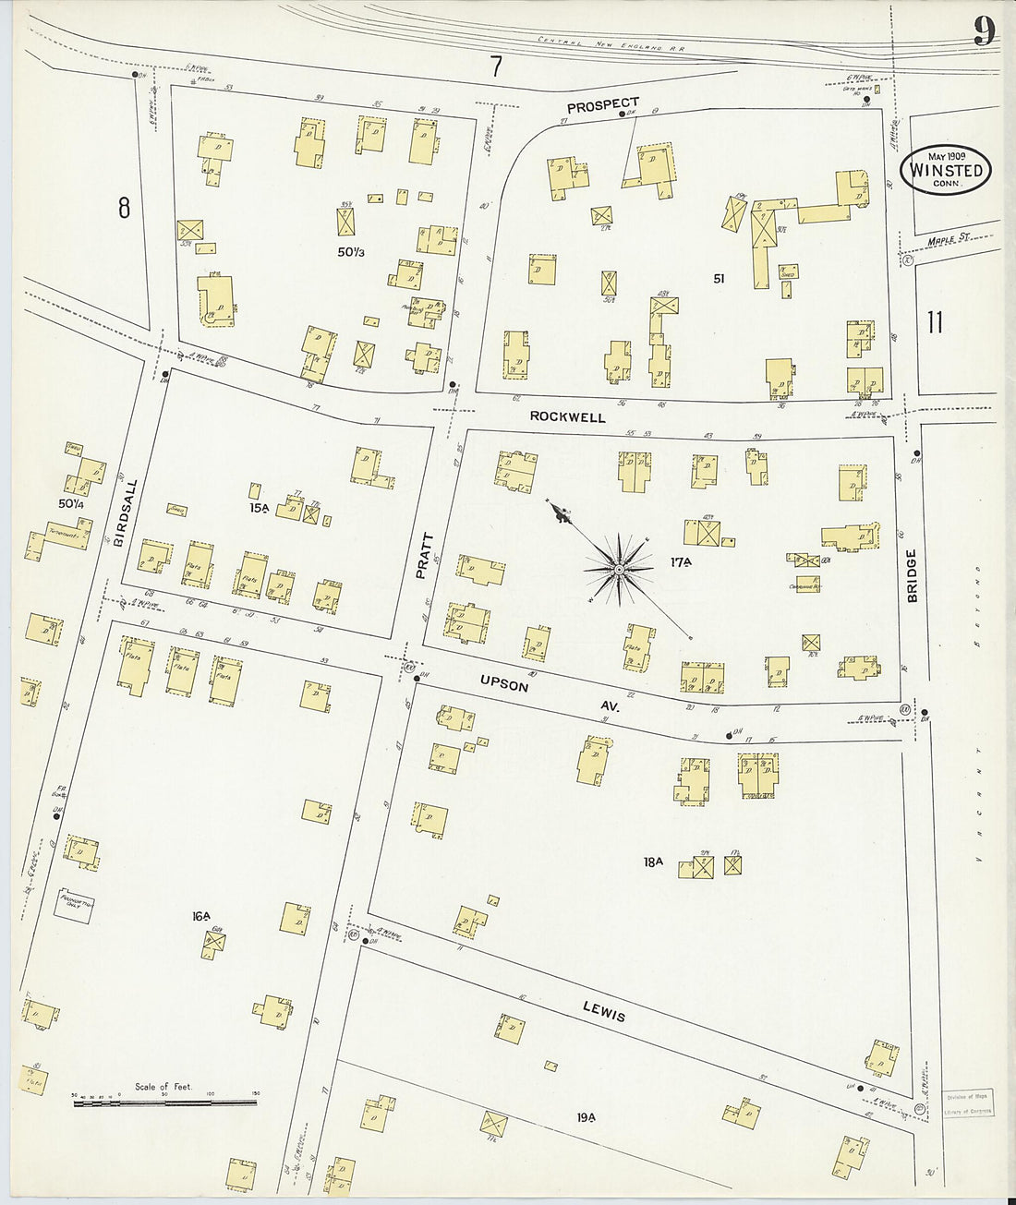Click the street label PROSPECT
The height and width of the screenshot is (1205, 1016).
pyautogui.click(x=602, y=105)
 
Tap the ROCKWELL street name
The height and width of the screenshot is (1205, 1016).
pyautogui.click(x=567, y=416)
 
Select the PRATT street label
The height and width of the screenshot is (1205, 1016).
pyautogui.click(x=423, y=555)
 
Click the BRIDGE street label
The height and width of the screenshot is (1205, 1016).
pyautogui.click(x=912, y=575)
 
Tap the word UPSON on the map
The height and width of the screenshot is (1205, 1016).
pyautogui.click(x=504, y=684)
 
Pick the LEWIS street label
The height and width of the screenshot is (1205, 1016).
pyautogui.click(x=604, y=1011)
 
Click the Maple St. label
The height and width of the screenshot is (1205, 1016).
pyautogui.click(x=950, y=238)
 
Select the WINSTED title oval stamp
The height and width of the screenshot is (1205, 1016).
pyautogui.click(x=946, y=170)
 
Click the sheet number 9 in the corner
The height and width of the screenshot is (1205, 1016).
pyautogui.click(x=984, y=31)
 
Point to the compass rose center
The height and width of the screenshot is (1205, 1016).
pyautogui.click(x=619, y=569)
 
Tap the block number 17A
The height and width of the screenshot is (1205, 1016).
pyautogui.click(x=682, y=561)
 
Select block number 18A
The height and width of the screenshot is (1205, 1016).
pyautogui.click(x=653, y=862)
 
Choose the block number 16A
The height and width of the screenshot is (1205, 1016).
pyautogui.click(x=201, y=916)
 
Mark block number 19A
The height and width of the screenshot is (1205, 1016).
pyautogui.click(x=587, y=1117)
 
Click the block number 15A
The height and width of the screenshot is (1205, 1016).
pyautogui.click(x=257, y=508)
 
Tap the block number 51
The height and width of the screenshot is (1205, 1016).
pyautogui.click(x=719, y=278)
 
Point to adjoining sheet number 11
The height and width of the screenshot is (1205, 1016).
pyautogui.click(x=935, y=322)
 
